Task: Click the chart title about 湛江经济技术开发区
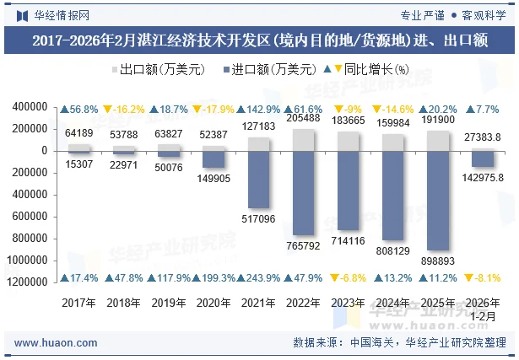coord(259,40)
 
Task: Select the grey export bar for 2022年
coord(302,139)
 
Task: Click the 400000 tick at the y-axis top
coord(30,107)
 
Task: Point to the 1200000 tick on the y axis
coord(27,282)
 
